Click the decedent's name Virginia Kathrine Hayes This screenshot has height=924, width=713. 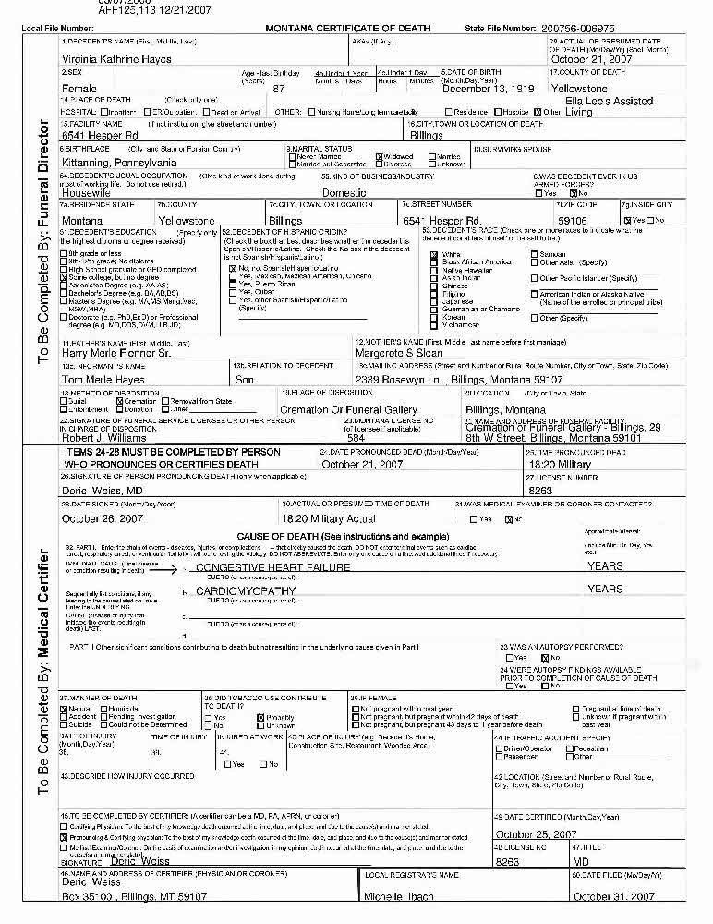115,59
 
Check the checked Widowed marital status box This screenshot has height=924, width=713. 379,157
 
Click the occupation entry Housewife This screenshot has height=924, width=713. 86,192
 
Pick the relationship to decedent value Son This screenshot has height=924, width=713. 245,379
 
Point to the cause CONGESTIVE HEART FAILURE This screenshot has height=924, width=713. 273,566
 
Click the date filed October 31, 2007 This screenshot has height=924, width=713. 613,896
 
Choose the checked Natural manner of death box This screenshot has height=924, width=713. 64,709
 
